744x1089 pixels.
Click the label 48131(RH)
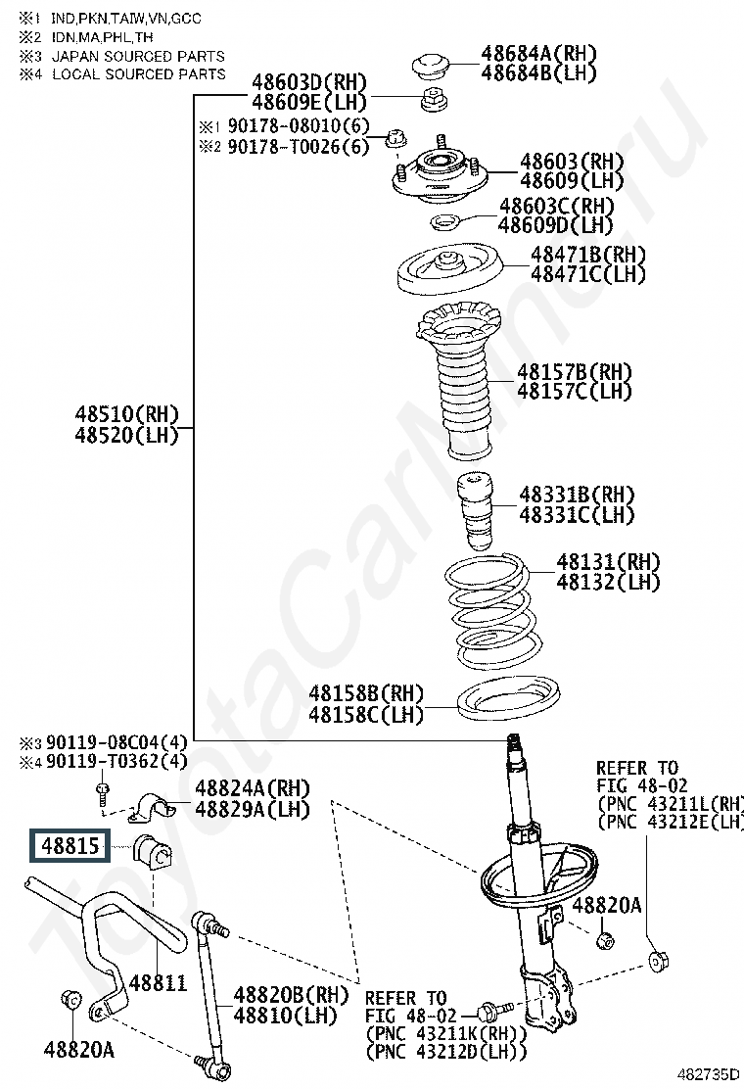608,562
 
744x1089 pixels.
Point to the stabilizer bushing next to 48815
152,850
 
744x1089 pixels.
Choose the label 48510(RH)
126,414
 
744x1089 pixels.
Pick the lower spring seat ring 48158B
508,700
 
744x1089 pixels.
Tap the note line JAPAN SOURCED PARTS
137,57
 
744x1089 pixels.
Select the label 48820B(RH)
291,995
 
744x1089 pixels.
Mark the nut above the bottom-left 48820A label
70,1000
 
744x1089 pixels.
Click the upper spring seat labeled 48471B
449,270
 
